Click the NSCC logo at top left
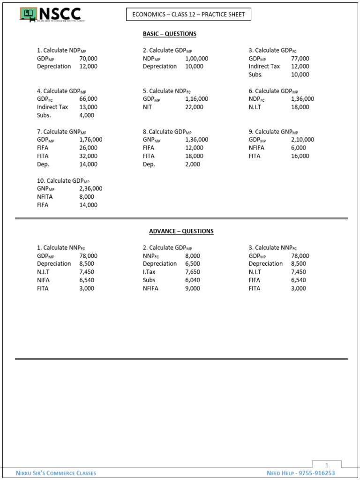point(50,15)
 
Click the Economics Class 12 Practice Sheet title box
point(188,15)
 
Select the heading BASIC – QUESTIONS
point(170,34)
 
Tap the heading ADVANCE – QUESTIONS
point(181,231)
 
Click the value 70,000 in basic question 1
point(89,59)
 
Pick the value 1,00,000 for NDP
point(197,59)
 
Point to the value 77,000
point(300,59)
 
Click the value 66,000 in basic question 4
point(89,99)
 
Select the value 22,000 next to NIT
point(195,107)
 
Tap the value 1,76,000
point(91,139)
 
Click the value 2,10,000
point(303,139)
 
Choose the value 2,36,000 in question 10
point(91,188)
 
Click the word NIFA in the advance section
point(44,280)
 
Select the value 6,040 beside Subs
point(193,280)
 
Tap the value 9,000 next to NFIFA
point(193,288)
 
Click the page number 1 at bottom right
point(327,465)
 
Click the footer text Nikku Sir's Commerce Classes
point(56,473)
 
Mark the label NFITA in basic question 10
point(45,197)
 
